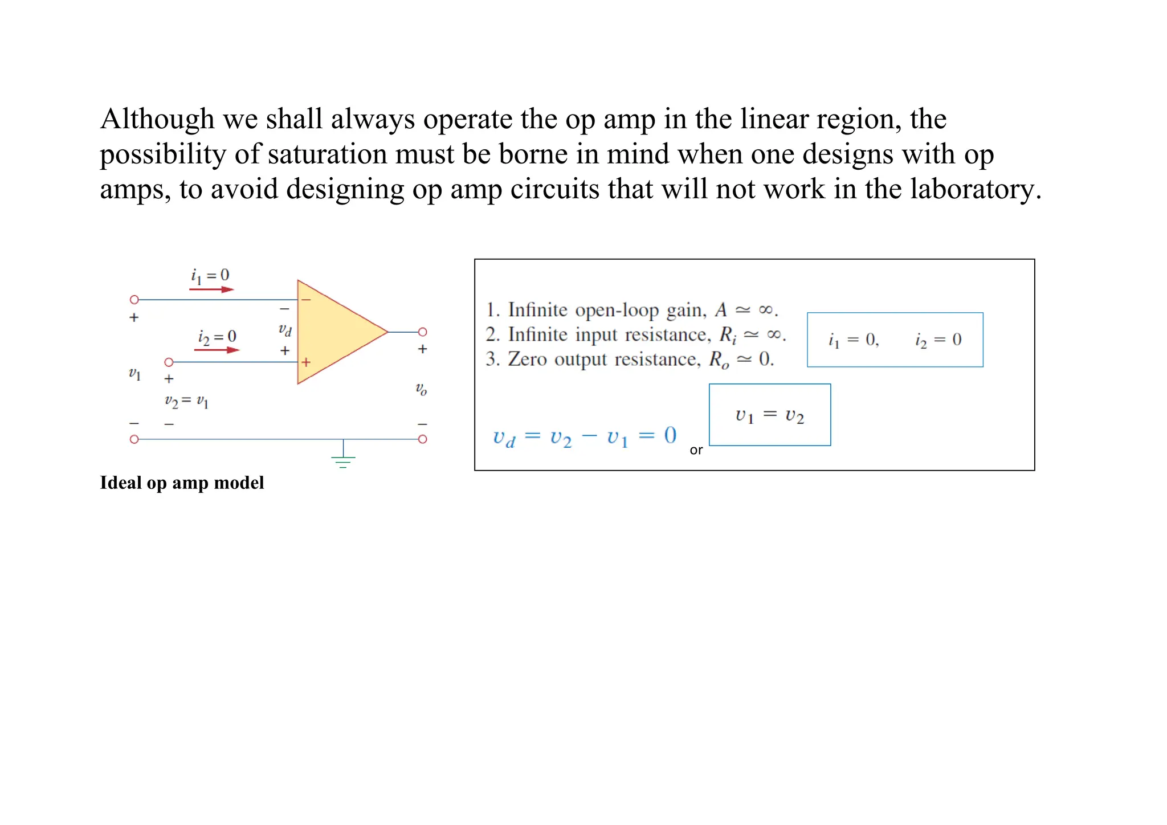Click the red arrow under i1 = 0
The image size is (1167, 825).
[x=211, y=289]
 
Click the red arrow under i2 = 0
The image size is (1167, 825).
[x=217, y=350]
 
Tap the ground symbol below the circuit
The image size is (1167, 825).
[x=343, y=460]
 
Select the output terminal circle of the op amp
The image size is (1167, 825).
[x=422, y=332]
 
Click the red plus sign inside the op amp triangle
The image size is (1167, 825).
[x=306, y=362]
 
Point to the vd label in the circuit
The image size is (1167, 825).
[x=285, y=330]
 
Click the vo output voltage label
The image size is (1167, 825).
[x=421, y=390]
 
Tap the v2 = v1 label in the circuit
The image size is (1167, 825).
[x=186, y=402]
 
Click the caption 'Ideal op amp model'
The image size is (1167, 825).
[x=182, y=483]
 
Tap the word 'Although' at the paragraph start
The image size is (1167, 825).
[x=157, y=119]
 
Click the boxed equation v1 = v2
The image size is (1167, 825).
[x=769, y=415]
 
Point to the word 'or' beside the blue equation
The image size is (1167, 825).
[x=696, y=450]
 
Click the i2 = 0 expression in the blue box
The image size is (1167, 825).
[x=938, y=340]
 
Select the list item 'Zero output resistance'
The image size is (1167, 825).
[x=630, y=360]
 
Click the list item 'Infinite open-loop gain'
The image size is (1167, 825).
[x=631, y=310]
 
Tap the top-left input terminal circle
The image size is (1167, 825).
[x=134, y=300]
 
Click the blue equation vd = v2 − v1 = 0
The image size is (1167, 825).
[x=585, y=438]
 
